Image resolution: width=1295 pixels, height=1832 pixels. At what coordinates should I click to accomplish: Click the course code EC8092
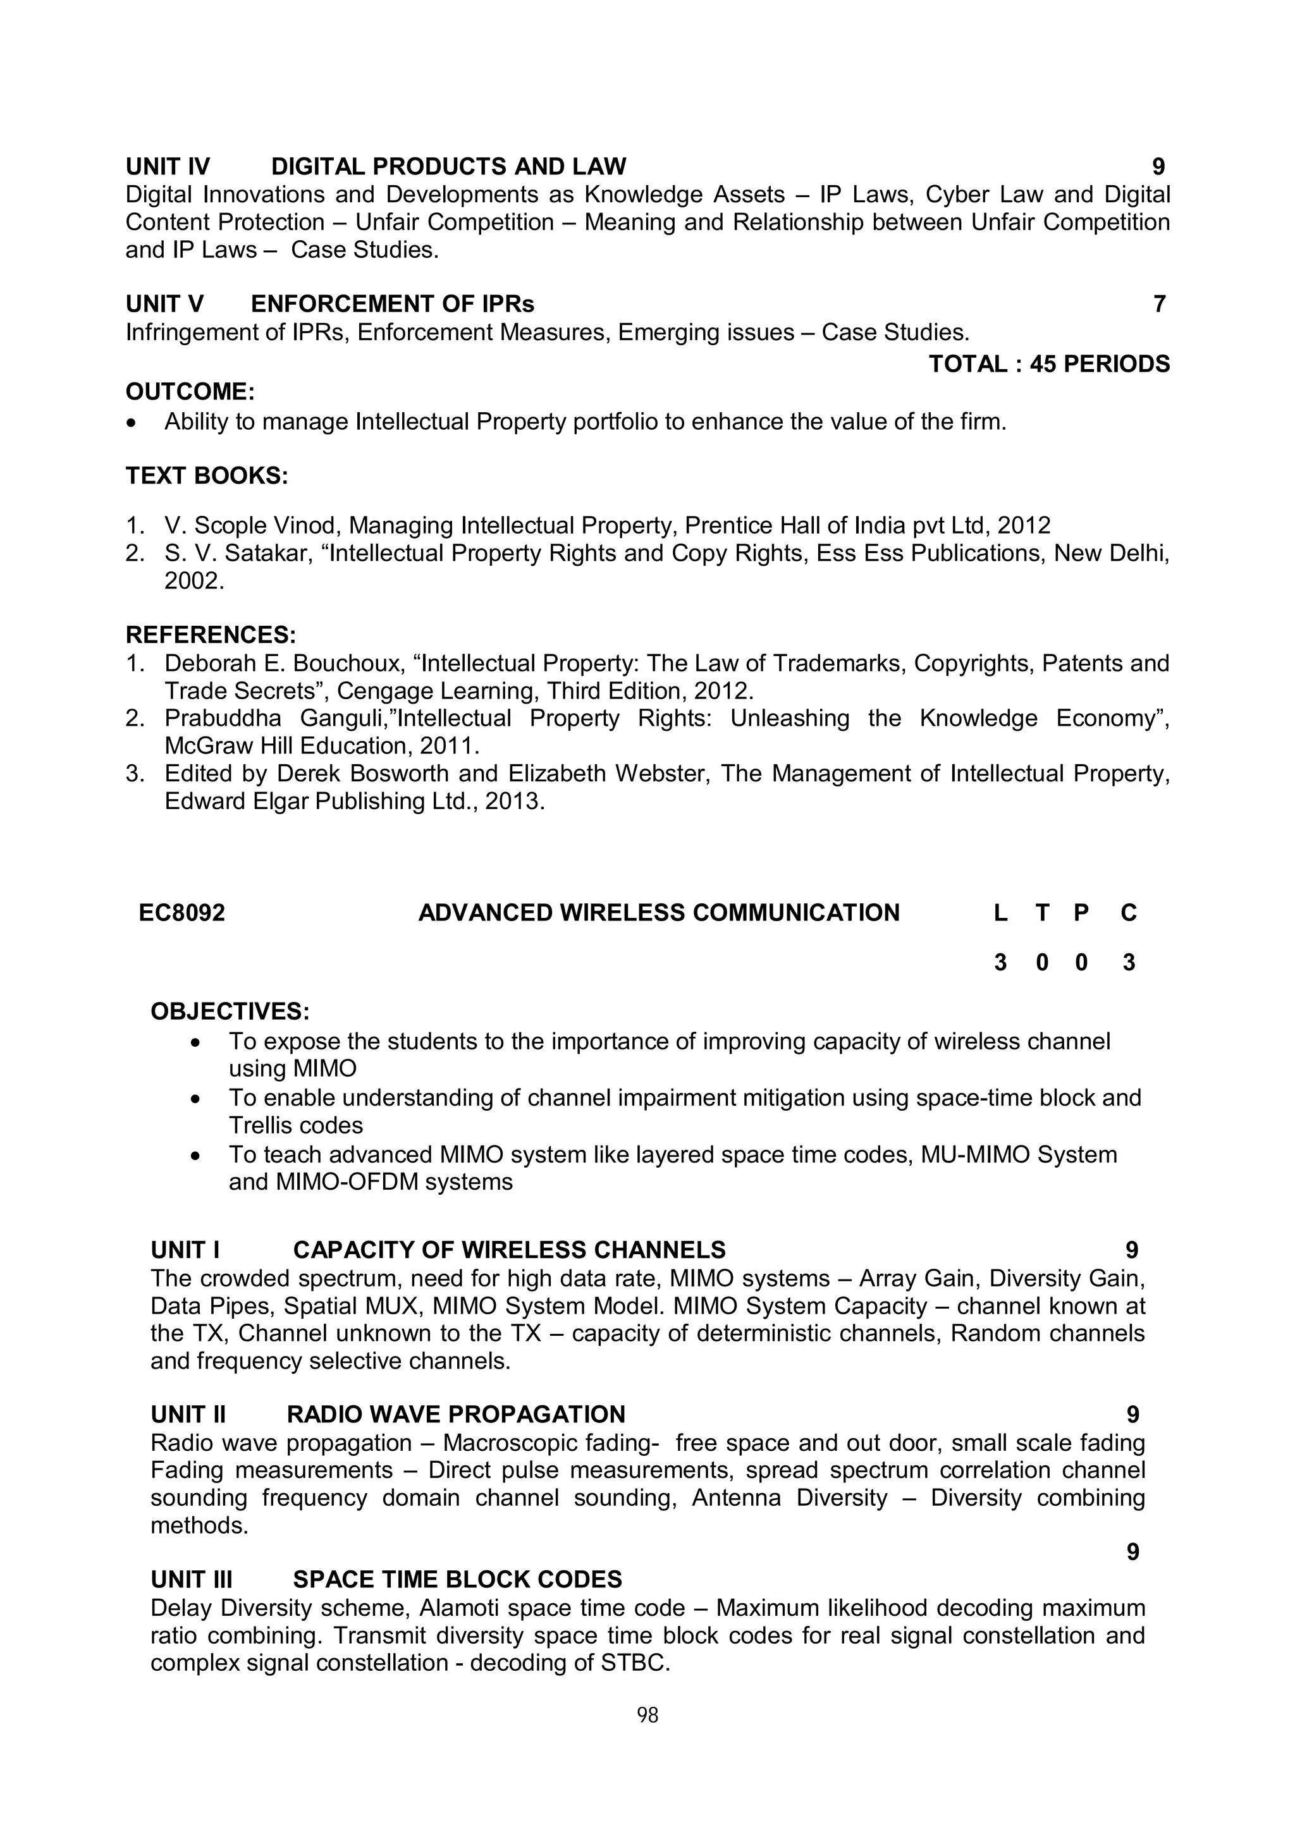[182, 913]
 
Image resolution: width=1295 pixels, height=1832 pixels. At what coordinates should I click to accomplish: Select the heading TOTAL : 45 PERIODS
[1048, 364]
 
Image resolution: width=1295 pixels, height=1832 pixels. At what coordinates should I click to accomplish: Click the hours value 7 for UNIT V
[1159, 304]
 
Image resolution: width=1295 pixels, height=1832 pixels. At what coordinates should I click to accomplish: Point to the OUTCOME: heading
[190, 392]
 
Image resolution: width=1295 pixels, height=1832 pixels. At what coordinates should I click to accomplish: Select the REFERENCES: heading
[211, 635]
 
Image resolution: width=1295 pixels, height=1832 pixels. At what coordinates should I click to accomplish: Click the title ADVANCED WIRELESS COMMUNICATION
[658, 913]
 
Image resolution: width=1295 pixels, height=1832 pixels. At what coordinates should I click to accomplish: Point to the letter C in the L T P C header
[1128, 913]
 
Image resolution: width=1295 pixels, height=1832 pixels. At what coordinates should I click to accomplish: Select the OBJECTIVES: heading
[230, 1011]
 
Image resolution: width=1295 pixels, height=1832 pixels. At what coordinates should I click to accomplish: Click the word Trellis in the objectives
[263, 1125]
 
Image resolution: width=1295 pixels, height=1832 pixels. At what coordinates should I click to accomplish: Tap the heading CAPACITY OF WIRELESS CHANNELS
[509, 1250]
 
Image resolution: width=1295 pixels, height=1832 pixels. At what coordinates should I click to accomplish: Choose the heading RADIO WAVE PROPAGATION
[456, 1415]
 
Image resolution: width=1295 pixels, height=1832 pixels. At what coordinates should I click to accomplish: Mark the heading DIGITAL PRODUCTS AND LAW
[448, 167]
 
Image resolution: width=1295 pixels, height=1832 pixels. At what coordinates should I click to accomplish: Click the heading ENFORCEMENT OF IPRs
[393, 304]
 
